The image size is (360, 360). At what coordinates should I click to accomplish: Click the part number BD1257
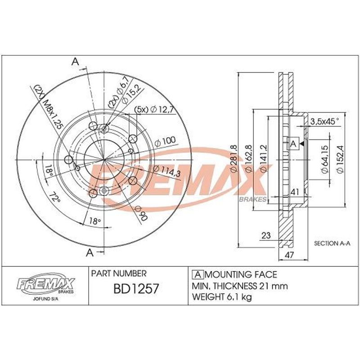coord(136,288)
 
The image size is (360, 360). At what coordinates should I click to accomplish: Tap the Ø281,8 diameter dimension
coord(234,159)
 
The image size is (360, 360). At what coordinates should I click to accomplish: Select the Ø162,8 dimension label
coord(249,159)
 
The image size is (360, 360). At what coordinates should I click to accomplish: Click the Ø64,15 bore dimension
coord(325,159)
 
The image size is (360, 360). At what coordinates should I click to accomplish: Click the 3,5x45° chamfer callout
coord(324,121)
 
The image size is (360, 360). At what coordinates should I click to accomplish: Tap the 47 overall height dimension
coord(290,255)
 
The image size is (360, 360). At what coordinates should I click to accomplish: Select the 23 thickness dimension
coord(266,235)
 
